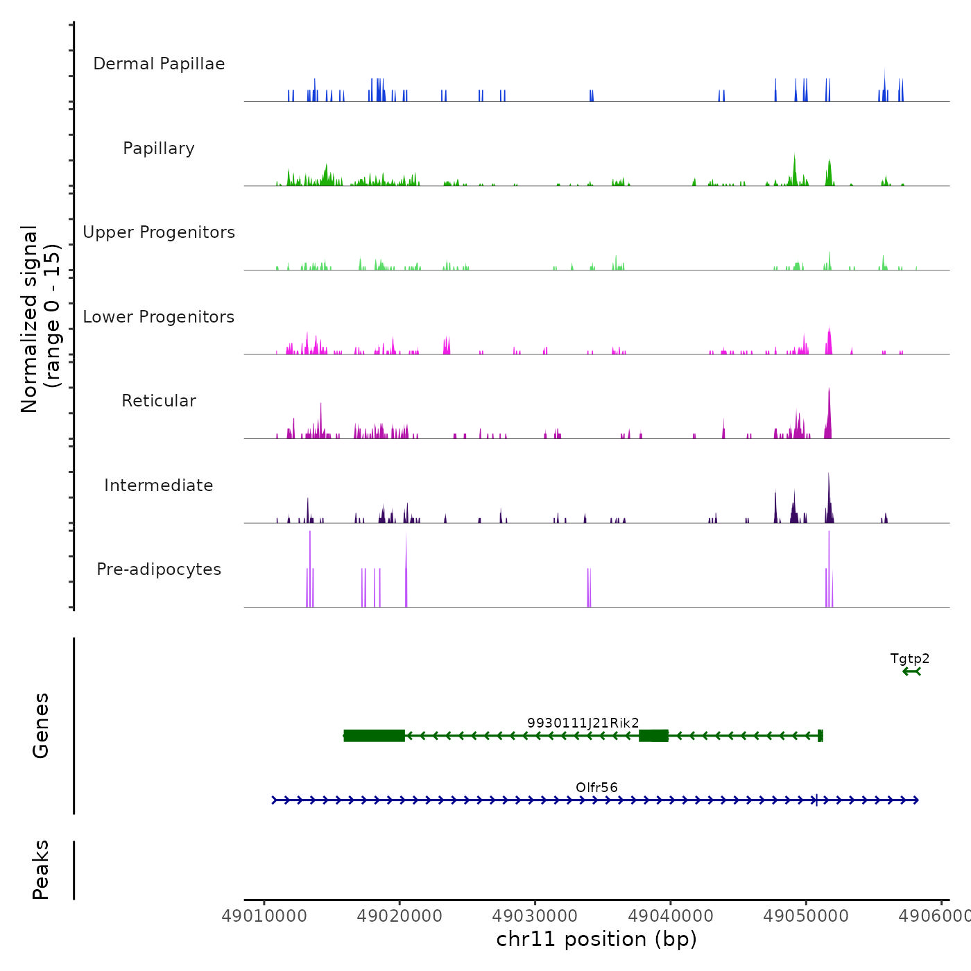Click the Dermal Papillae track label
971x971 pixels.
159,64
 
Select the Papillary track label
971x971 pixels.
159,148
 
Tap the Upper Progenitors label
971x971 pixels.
159,232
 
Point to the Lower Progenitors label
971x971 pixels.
159,317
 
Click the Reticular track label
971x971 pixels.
159,401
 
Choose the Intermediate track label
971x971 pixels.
159,486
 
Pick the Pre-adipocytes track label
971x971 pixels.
159,569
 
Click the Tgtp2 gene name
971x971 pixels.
909,659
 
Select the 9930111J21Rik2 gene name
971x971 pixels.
583,723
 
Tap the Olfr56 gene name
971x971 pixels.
596,787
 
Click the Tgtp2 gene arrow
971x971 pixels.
911,671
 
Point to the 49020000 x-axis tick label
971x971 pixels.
399,916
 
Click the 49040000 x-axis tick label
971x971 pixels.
670,916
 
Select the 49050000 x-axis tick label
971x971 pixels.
805,916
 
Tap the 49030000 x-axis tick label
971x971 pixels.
535,916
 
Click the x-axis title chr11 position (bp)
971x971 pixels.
596,939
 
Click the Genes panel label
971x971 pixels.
41,725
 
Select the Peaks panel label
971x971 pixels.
41,870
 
